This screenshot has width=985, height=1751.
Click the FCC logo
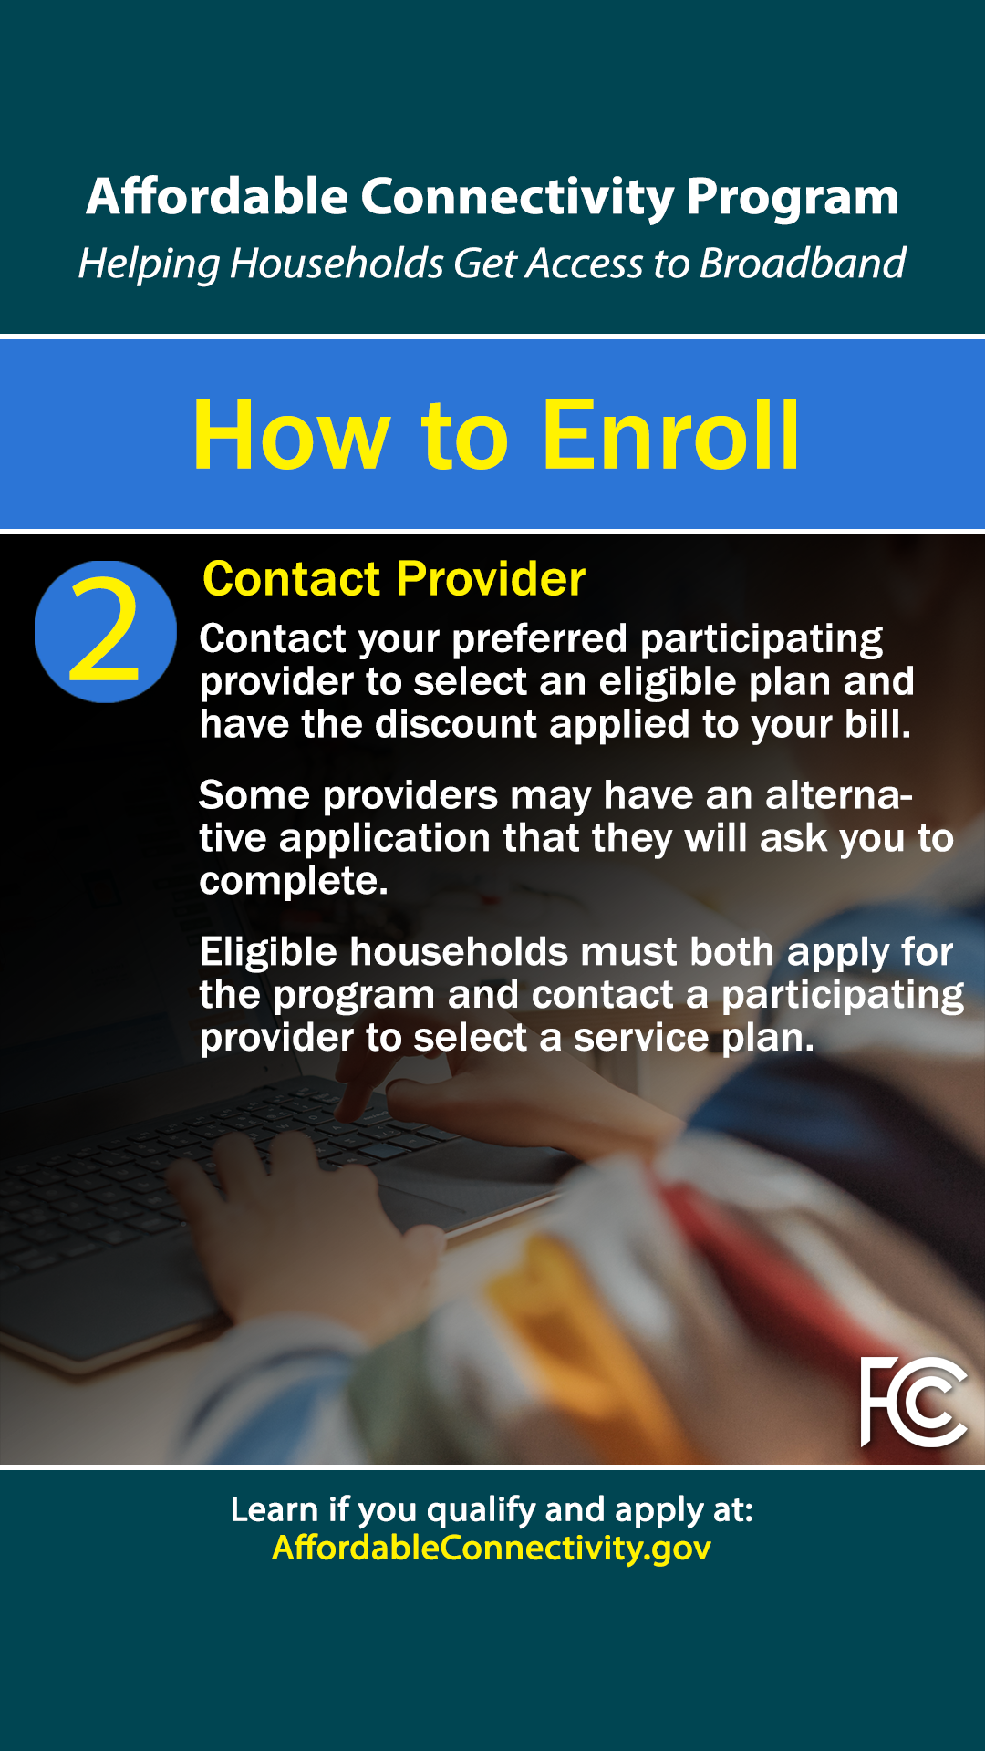pos(914,1402)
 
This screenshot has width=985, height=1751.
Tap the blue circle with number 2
pos(106,632)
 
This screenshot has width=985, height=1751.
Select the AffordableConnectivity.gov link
pos(492,1548)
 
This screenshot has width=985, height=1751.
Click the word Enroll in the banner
pos(671,436)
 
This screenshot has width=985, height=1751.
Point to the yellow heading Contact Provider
pos(394,579)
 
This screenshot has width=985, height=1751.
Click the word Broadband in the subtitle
pos(803,264)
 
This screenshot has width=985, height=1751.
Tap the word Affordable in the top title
pos(217,197)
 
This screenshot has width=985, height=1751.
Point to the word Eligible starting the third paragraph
pos(269,953)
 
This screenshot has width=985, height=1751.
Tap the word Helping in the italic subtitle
pos(149,264)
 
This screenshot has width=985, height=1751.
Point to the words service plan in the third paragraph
pos(694,1039)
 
